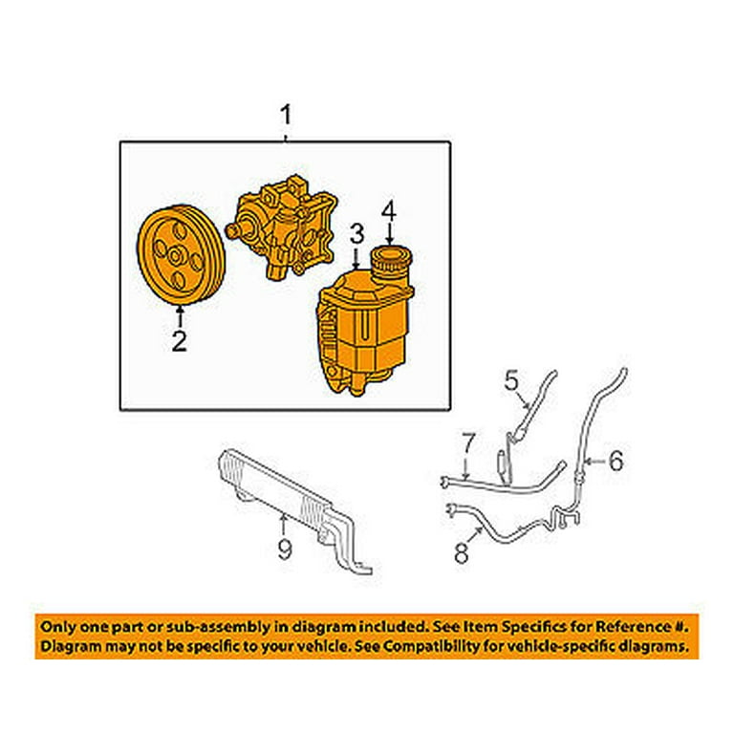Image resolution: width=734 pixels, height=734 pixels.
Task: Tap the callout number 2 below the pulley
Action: (x=179, y=340)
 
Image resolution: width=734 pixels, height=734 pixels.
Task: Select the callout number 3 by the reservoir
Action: (x=356, y=233)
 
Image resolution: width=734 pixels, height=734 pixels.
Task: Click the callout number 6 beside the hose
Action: (x=615, y=462)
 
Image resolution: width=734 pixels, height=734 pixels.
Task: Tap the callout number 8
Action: (x=462, y=551)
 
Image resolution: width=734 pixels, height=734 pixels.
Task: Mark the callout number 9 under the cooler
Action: (x=284, y=549)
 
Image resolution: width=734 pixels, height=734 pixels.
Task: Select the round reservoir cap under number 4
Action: (x=389, y=261)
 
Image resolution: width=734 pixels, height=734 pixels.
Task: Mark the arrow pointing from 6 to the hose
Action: (x=593, y=462)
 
